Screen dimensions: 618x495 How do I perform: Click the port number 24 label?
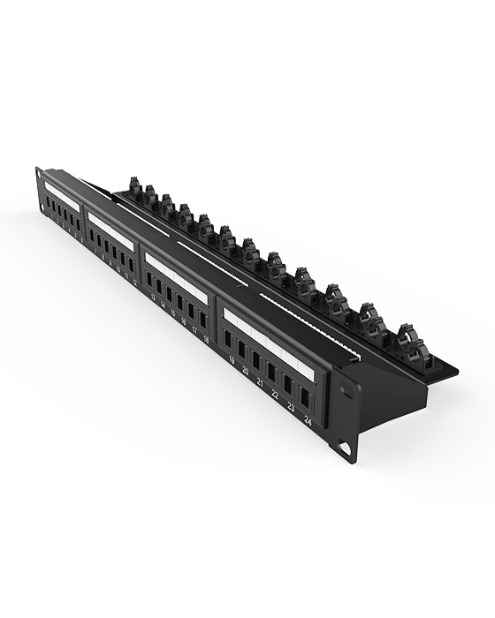pyautogui.click(x=307, y=422)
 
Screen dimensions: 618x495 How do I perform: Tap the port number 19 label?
pyautogui.click(x=232, y=360)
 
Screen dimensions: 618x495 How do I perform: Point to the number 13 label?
pyautogui.click(x=153, y=298)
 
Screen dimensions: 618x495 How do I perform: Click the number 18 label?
pyautogui.click(x=206, y=338)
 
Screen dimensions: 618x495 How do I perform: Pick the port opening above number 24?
pyautogui.click(x=305, y=397)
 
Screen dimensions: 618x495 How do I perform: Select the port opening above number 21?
pyautogui.click(x=257, y=360)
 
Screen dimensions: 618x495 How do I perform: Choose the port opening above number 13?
pyautogui.click(x=150, y=280)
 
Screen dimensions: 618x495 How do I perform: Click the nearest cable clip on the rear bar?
pyautogui.click(x=413, y=339)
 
